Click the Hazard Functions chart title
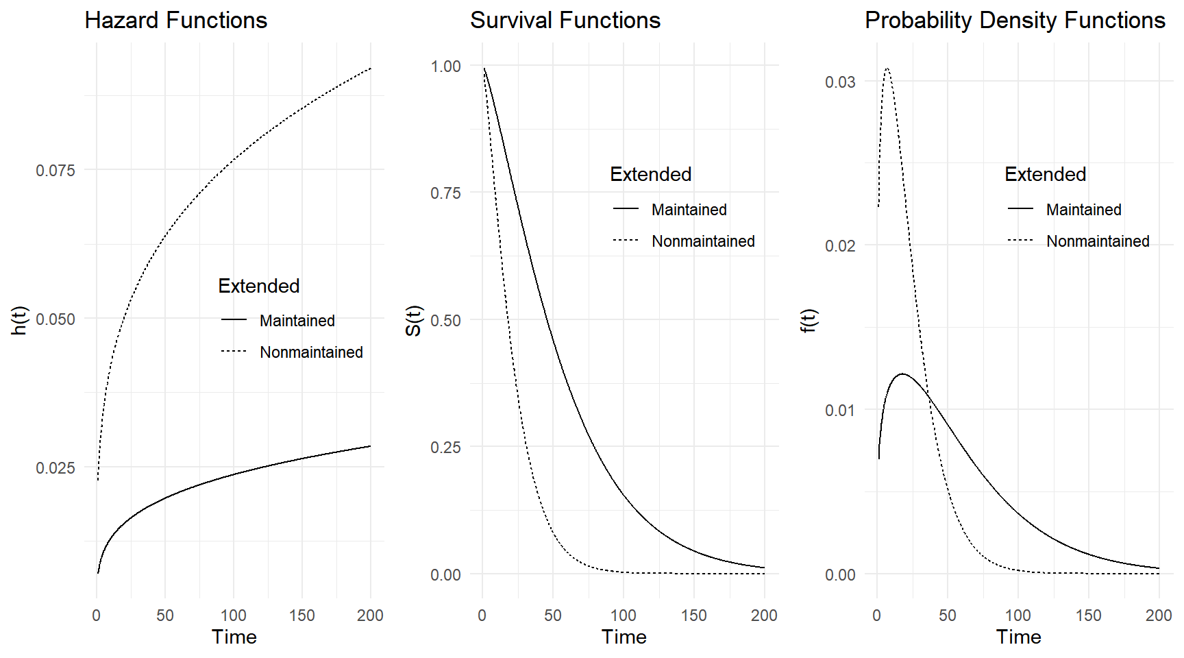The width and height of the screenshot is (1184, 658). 175,21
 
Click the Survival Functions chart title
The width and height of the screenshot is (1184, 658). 565,21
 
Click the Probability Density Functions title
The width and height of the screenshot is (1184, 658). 1014,21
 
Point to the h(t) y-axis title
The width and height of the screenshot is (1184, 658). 19,320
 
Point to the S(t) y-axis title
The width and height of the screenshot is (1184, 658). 413,320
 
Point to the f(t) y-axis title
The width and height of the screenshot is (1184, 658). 809,320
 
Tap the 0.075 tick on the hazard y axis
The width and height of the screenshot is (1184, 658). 56,170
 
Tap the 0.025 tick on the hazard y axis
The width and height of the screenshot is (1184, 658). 56,467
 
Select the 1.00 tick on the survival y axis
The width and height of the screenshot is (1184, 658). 445,66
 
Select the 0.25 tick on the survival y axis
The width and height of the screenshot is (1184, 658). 445,447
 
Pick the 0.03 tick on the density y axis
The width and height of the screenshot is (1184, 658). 840,82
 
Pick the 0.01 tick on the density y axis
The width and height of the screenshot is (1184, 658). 840,410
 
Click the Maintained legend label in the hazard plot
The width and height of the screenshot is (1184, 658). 297,321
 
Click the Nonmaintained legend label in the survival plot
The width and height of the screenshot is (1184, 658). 703,241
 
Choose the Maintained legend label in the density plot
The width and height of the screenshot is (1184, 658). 1083,210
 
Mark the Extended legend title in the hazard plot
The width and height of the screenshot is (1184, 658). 258,286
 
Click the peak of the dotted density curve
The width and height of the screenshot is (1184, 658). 887,69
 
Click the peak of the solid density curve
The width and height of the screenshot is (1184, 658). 902,374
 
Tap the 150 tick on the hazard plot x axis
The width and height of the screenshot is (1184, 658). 301,616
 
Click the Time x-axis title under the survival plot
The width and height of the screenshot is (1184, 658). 624,637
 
